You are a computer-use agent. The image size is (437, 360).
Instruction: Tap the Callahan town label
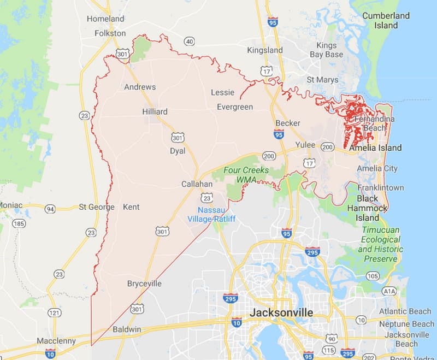(x=197, y=185)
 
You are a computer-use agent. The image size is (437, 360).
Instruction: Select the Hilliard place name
(x=155, y=111)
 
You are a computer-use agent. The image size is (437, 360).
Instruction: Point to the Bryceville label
(x=144, y=284)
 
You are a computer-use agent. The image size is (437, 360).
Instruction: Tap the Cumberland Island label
(x=386, y=20)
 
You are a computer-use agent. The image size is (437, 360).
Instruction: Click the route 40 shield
(x=189, y=41)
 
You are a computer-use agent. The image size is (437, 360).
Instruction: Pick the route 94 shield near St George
(x=50, y=208)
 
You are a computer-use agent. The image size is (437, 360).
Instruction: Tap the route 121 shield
(x=54, y=312)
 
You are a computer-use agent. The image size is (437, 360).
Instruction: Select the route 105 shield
(x=373, y=276)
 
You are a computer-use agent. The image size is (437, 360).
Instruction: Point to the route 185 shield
(x=19, y=223)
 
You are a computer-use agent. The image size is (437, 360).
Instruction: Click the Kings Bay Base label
(x=326, y=50)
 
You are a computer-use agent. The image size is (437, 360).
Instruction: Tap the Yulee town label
(x=305, y=145)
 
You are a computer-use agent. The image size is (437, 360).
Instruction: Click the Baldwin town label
(x=126, y=330)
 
